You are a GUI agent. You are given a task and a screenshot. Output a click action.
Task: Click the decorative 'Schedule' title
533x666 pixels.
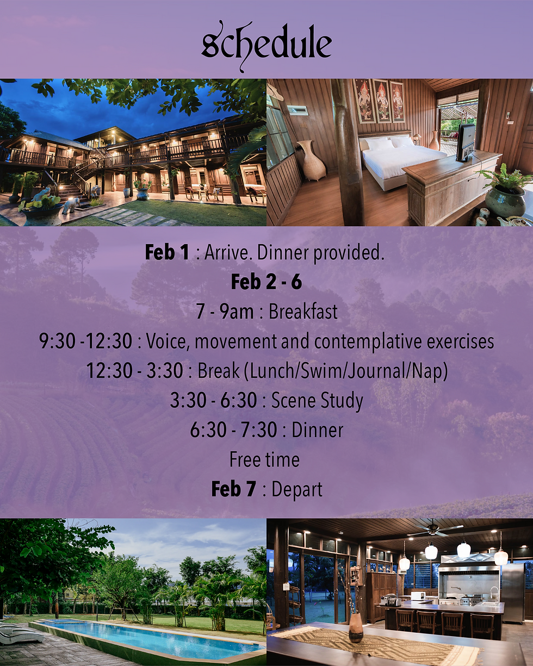(x=266, y=46)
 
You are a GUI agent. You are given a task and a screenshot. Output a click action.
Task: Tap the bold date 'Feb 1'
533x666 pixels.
(x=167, y=252)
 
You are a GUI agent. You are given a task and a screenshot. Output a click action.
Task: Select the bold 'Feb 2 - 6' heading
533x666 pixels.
(x=266, y=282)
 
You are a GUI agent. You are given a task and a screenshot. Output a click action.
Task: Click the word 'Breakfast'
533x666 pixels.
(x=303, y=312)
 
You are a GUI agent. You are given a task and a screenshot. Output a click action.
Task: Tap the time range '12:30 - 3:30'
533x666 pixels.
(x=134, y=370)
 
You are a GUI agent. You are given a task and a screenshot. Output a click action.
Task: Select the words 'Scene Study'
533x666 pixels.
(x=317, y=401)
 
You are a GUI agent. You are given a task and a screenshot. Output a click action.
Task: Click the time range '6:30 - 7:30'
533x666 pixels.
(x=233, y=430)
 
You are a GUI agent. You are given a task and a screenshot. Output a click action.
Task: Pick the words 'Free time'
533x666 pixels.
(x=264, y=459)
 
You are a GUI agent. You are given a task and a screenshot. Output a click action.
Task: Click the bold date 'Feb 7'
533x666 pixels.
(x=233, y=489)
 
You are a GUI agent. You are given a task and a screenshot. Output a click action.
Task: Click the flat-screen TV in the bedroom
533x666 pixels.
(x=466, y=142)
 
